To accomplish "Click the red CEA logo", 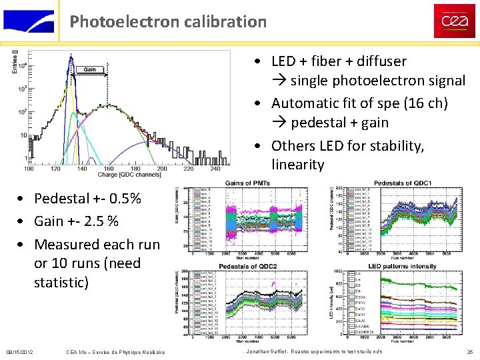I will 454,21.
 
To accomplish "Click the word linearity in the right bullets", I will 298,164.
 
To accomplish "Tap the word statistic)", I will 61,283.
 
